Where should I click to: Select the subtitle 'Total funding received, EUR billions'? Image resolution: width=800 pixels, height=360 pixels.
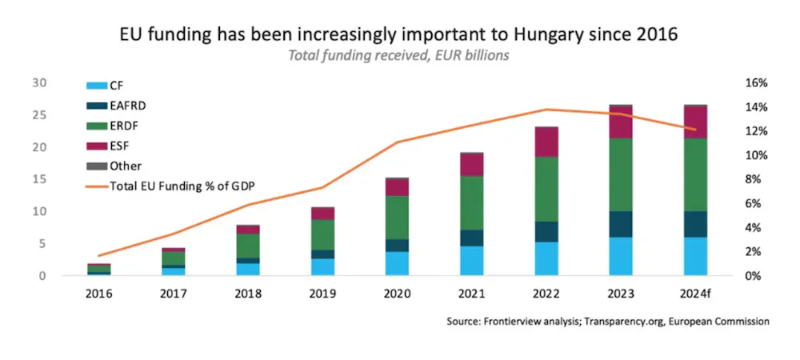[x=400, y=56]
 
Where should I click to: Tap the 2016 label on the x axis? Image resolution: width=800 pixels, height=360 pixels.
[x=99, y=293]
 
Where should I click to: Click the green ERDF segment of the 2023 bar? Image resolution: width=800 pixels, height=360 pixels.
[x=620, y=174]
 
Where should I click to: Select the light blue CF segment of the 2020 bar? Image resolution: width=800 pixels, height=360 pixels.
[x=397, y=263]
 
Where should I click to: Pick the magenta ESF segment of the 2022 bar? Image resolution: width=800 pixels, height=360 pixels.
[x=546, y=142]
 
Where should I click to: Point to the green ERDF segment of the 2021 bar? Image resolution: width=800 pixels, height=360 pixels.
[x=471, y=203]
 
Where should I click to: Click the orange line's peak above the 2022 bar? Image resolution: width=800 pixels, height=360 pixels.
[x=546, y=110]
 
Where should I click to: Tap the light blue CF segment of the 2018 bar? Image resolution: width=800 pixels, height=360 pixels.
[x=248, y=270]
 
